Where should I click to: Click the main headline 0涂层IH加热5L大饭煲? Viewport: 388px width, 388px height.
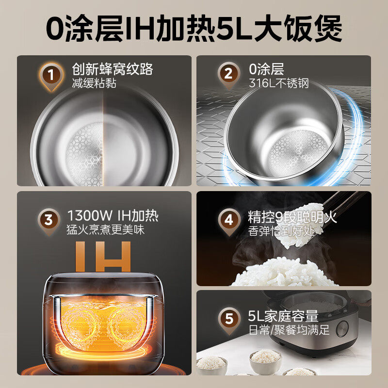click(194, 28)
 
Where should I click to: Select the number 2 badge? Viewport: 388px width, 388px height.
click(228, 76)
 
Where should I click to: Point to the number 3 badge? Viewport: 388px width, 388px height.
click(48, 220)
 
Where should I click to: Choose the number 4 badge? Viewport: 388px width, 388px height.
click(228, 220)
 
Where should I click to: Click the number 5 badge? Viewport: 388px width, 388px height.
click(228, 320)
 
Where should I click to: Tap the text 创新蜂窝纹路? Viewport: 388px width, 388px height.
click(113, 69)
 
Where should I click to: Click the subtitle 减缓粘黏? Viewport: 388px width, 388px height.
click(95, 83)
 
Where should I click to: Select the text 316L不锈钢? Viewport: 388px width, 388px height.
click(279, 83)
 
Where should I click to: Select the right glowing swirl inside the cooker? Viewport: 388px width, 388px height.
click(128, 322)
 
